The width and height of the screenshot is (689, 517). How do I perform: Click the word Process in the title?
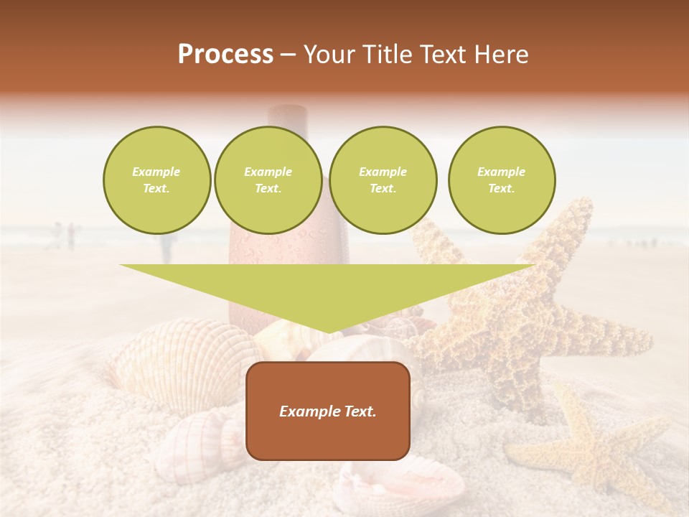tap(225, 55)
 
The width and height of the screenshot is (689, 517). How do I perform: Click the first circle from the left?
tap(156, 180)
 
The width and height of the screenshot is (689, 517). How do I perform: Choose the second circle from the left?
tap(268, 180)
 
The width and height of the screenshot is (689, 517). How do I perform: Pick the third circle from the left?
tap(383, 180)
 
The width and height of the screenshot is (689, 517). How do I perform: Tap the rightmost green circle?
tap(501, 180)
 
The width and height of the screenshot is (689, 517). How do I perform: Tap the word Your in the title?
tap(332, 55)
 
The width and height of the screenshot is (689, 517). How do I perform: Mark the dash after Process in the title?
tap(288, 55)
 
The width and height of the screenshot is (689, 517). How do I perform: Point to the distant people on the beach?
tap(65, 235)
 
